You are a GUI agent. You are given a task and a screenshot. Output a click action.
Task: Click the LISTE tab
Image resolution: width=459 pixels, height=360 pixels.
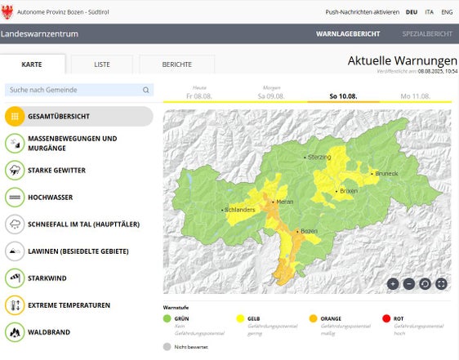tap(102, 64)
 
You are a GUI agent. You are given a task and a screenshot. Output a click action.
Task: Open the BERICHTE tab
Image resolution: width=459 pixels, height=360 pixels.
tap(177, 64)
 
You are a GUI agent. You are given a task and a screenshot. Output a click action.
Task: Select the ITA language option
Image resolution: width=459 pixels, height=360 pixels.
tap(429, 12)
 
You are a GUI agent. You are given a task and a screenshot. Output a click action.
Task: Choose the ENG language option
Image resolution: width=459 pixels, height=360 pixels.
tap(447, 12)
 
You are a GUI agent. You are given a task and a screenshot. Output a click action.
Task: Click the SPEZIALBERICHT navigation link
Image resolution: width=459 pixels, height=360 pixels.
tap(427, 34)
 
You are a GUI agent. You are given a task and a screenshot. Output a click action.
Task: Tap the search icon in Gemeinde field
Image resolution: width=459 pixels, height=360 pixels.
tap(146, 90)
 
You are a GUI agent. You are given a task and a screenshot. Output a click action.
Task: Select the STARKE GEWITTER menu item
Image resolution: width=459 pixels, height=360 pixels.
tap(56, 170)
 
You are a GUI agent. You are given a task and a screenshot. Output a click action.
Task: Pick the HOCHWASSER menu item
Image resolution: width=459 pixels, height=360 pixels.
tap(50, 197)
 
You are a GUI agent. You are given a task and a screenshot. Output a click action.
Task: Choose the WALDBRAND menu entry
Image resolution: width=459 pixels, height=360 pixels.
tap(49, 332)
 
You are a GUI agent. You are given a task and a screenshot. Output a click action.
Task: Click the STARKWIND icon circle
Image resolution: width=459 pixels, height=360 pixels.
tap(15, 278)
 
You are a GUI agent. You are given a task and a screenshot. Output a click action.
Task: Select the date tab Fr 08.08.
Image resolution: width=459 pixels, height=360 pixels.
tap(199, 96)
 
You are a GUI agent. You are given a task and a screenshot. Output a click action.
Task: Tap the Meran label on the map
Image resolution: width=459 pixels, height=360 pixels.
tap(284, 201)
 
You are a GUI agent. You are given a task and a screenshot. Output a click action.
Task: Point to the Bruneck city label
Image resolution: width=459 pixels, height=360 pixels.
tap(385, 173)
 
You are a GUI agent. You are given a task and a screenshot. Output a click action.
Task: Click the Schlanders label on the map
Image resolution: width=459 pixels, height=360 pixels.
tap(239, 210)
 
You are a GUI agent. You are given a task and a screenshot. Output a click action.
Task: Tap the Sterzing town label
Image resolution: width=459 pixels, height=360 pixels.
tap(319, 156)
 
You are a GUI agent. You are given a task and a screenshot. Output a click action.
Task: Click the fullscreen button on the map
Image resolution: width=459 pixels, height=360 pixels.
tap(441, 283)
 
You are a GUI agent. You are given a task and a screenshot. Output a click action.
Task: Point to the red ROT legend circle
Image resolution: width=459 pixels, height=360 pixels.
tap(385, 318)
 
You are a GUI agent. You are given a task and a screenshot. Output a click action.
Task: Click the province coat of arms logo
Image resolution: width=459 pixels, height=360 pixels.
tap(8, 12)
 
